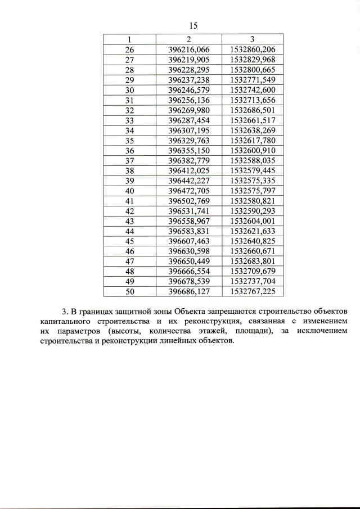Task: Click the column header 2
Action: tap(188, 39)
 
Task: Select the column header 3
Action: tap(253, 39)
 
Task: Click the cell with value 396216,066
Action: tap(188, 49)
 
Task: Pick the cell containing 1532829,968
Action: tap(253, 60)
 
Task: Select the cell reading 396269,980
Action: tap(188, 110)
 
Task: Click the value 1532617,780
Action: tap(253, 141)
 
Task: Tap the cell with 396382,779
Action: tap(188, 161)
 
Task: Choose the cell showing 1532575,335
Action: tap(253, 181)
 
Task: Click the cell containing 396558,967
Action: tap(188, 221)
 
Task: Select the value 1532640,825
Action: tap(253, 241)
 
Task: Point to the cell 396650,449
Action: tap(188, 262)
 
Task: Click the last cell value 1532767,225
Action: tap(253, 291)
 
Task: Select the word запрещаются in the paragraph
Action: tap(242, 311)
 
